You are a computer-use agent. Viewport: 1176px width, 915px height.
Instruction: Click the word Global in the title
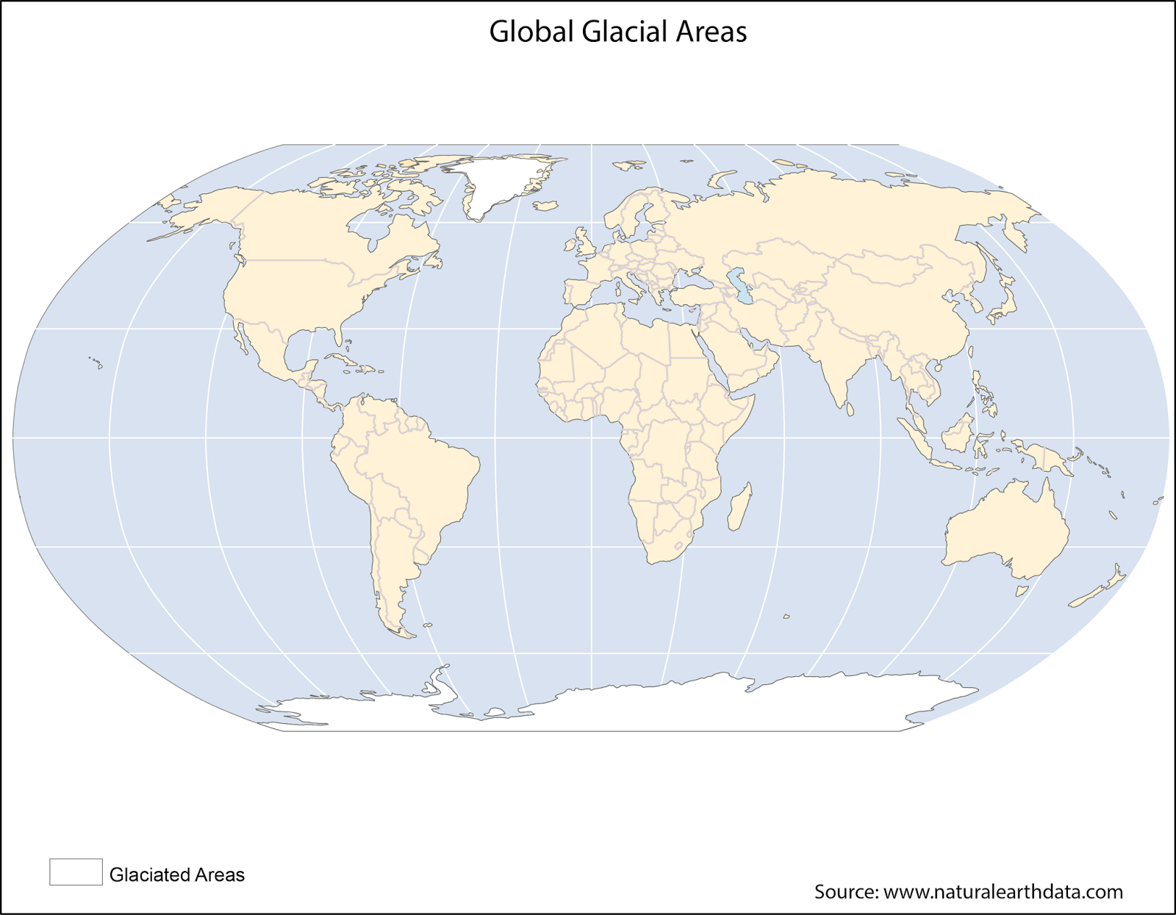click(x=531, y=32)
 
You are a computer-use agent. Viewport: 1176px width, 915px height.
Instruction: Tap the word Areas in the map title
click(x=711, y=32)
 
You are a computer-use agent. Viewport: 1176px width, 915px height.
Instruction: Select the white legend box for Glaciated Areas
click(x=76, y=872)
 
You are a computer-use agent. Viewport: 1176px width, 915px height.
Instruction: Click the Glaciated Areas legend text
click(x=176, y=875)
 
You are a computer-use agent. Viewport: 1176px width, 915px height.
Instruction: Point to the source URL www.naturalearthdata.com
click(x=1003, y=891)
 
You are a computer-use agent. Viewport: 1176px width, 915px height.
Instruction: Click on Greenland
click(x=500, y=180)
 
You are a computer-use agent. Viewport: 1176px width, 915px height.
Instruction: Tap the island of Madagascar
click(x=739, y=507)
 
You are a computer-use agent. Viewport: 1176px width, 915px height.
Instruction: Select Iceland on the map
click(x=545, y=206)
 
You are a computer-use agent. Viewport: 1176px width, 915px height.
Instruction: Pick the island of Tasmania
click(x=1022, y=589)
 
